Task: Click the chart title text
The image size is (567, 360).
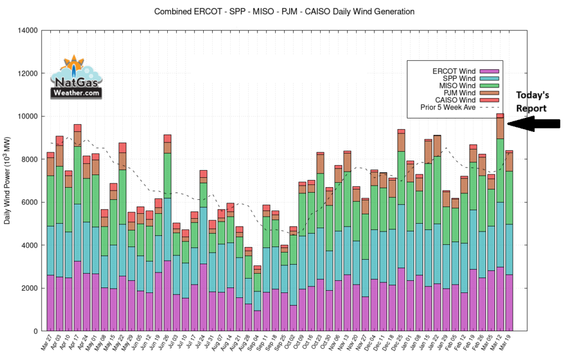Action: click(x=284, y=11)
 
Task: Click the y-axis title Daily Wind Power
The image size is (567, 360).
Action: click(x=7, y=181)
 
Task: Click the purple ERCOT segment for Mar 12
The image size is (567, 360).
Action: click(x=499, y=299)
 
